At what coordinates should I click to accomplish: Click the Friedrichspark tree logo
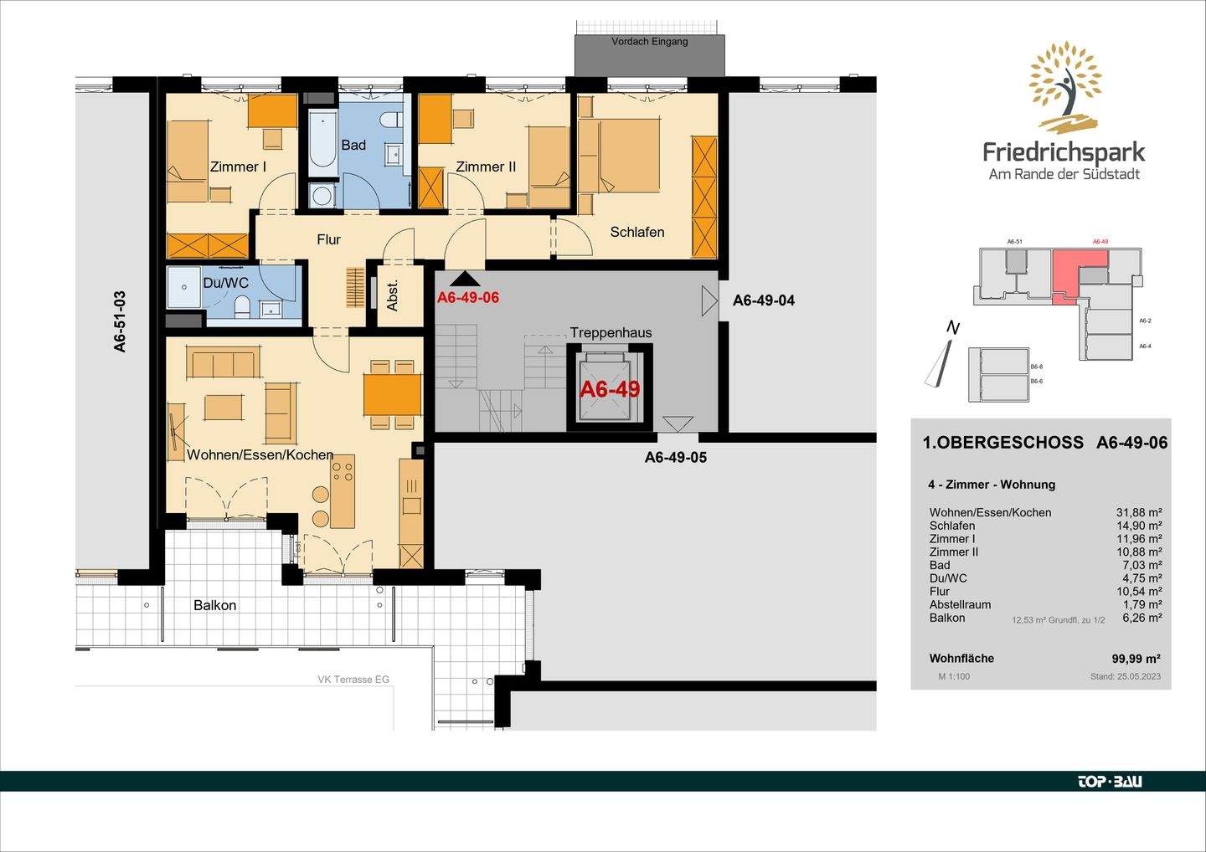1064,89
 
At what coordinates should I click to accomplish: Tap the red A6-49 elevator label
610,389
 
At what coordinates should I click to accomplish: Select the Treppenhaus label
611,332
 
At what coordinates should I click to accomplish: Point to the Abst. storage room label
393,295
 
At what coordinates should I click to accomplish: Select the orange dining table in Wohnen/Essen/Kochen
392,394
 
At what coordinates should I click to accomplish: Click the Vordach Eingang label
649,41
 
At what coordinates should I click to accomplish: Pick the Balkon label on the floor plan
214,605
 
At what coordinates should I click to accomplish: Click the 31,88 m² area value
1138,512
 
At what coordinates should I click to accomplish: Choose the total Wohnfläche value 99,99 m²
1136,659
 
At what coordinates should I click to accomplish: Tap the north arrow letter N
952,328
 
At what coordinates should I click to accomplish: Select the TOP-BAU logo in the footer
1109,782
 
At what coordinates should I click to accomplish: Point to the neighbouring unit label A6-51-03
120,321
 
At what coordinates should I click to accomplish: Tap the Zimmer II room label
486,167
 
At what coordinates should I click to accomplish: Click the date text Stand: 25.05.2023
1125,676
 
